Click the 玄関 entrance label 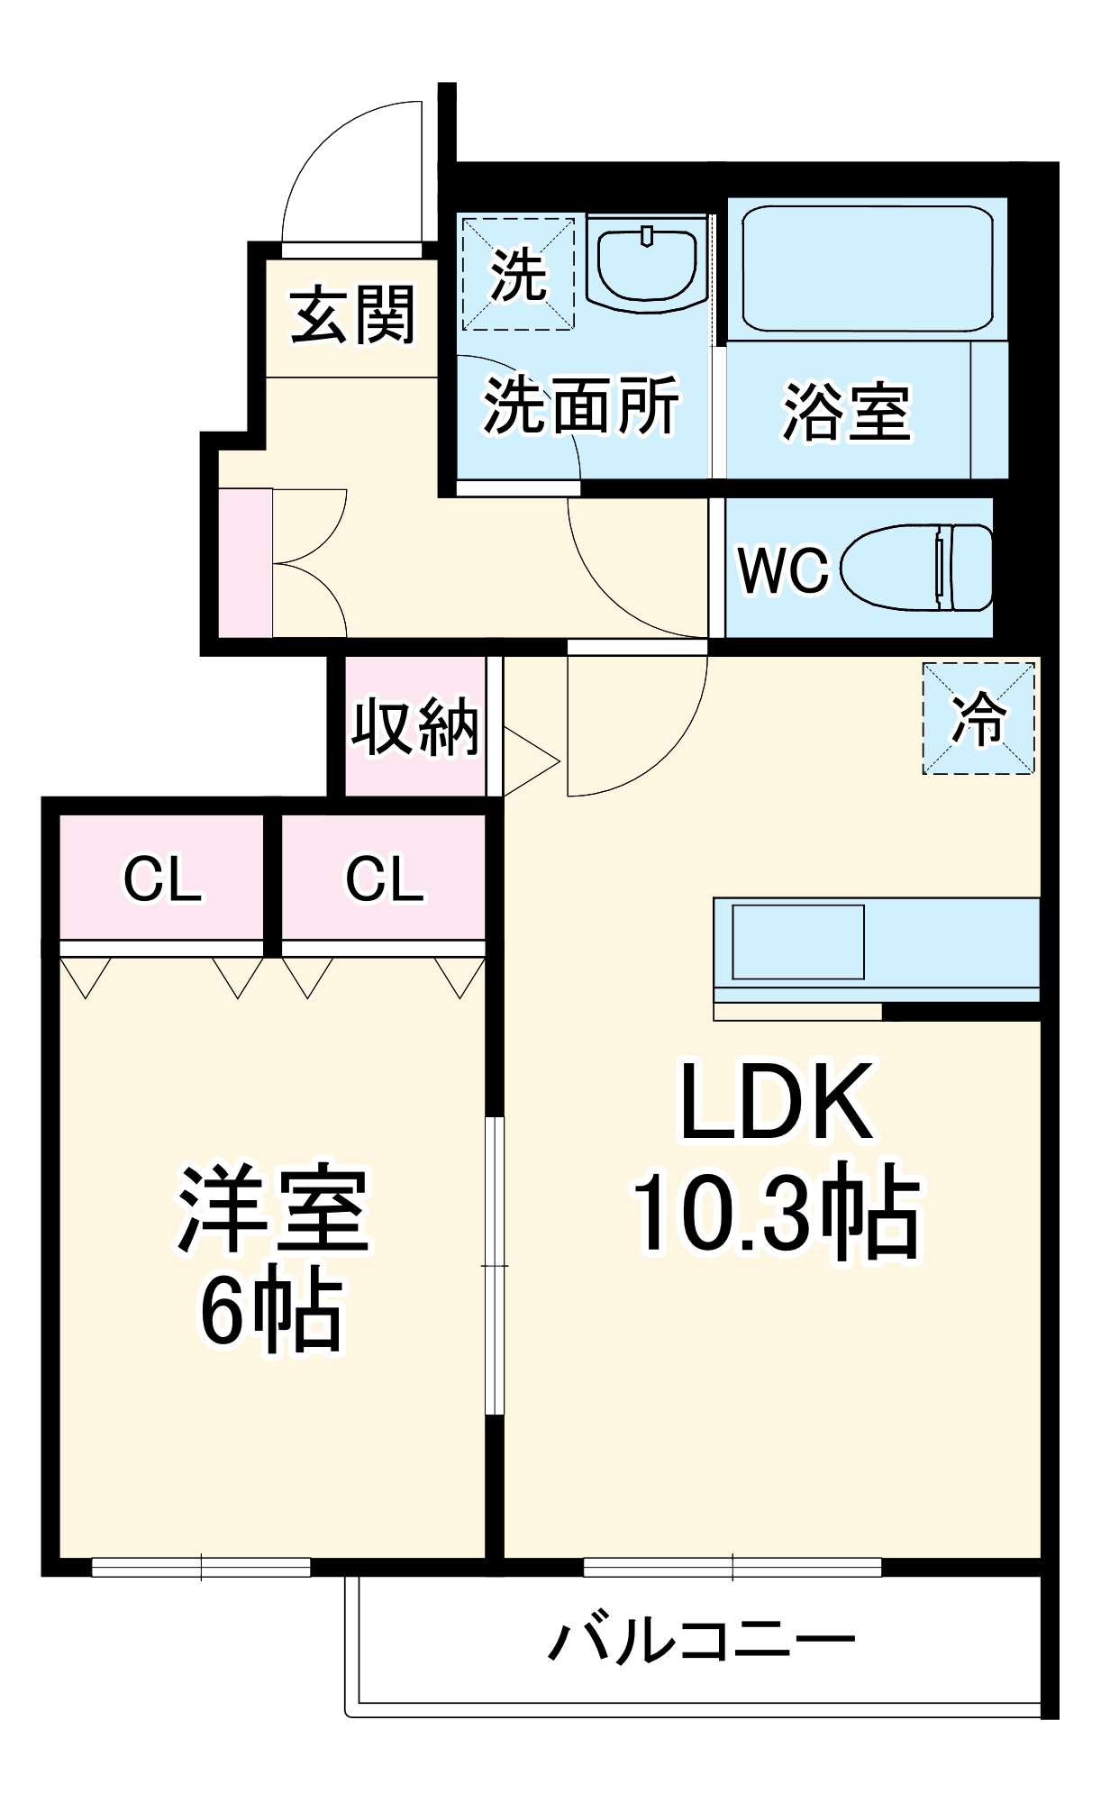[352, 315]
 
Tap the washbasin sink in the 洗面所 [647, 264]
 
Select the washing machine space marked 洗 [518, 273]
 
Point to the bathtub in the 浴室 [866, 268]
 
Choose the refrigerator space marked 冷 [978, 718]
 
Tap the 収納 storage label [414, 726]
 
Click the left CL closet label [162, 879]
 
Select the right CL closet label [384, 879]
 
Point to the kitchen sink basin [797, 942]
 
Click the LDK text [776, 1103]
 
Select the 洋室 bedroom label [273, 1209]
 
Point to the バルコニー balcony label [702, 1641]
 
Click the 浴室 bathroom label [846, 413]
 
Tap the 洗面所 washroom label [581, 405]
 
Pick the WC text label [782, 569]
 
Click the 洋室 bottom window [201, 1568]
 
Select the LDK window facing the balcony [732, 1568]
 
